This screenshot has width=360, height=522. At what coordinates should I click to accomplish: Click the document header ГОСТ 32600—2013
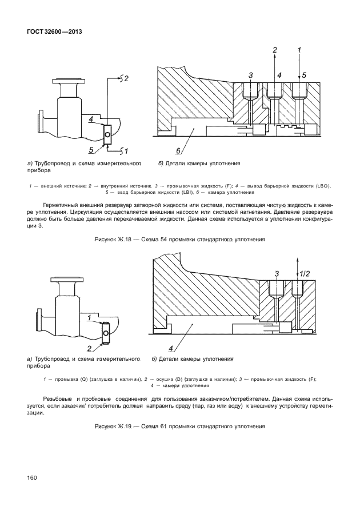click(55, 31)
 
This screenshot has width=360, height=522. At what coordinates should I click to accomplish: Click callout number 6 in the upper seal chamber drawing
click(178, 151)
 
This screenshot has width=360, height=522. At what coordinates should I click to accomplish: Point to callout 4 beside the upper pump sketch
click(91, 119)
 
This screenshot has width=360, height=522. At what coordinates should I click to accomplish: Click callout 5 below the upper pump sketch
click(91, 150)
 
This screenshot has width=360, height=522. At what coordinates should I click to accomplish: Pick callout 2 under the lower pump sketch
click(90, 348)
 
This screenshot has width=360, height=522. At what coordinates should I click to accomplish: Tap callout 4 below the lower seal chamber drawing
click(170, 348)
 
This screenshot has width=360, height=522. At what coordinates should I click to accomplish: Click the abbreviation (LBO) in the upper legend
click(321, 186)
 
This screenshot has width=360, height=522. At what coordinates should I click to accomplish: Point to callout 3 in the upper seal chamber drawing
click(251, 75)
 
